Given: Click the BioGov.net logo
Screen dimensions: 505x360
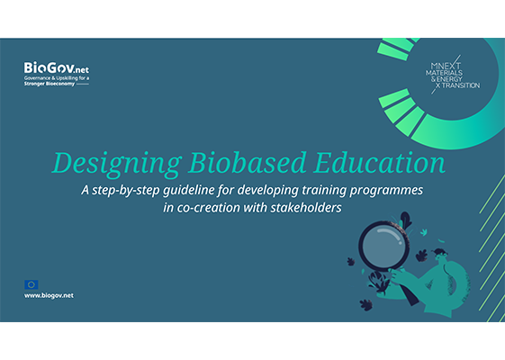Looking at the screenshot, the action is coord(57,74).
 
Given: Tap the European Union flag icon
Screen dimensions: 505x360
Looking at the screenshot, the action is coord(32,284).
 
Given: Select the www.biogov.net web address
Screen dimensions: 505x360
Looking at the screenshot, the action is coord(49,295).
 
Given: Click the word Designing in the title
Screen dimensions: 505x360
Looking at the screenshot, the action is coord(117,164).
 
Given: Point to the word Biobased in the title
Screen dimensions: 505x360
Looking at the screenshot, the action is coord(248,162).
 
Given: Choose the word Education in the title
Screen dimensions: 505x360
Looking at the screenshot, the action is coord(380,162).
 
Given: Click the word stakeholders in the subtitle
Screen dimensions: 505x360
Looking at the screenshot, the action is coord(306,208).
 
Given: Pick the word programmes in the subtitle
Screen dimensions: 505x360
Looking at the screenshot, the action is coord(386,191).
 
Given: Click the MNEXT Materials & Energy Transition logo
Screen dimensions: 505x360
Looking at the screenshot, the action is coord(453,76).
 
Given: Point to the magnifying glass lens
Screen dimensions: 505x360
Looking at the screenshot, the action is coord(383,246).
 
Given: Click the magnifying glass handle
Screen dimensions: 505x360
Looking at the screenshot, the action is coord(408,292).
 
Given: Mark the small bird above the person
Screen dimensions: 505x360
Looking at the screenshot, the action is coord(424,232).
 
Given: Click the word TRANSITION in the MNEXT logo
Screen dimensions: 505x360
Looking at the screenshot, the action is coord(461,85).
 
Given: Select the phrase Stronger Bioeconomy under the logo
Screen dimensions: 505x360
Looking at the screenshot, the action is coord(50,84).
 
